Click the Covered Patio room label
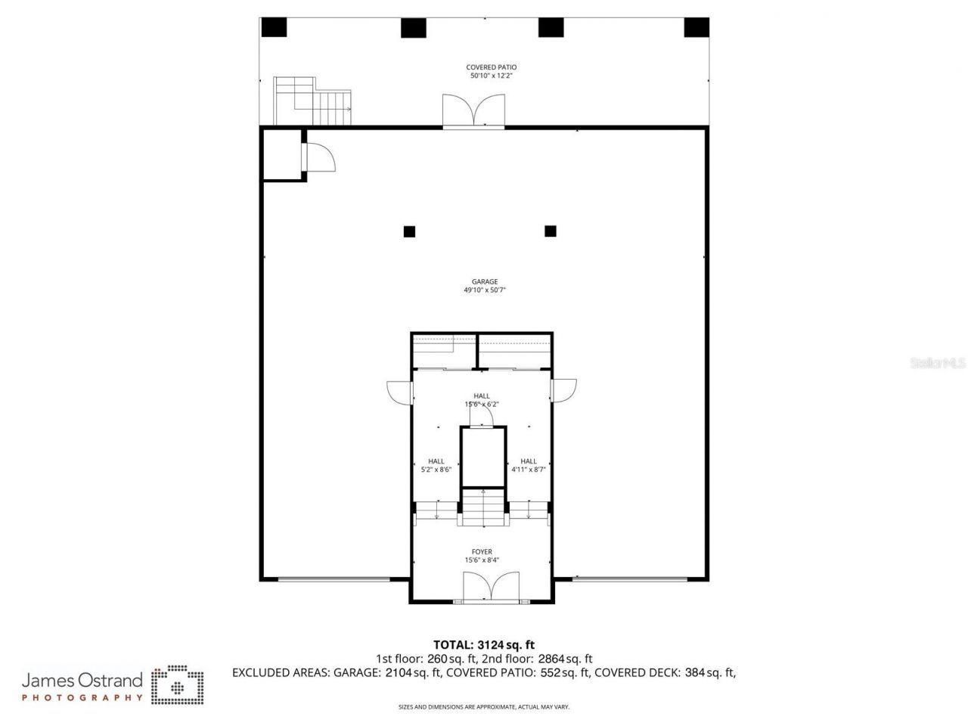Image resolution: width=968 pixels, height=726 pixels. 491,67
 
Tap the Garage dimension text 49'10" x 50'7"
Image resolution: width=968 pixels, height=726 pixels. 485,290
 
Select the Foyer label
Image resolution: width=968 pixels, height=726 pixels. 482,552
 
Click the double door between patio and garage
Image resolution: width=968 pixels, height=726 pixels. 473,111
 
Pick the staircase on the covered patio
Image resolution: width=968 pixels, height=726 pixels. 312,103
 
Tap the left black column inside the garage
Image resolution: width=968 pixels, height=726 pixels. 409,231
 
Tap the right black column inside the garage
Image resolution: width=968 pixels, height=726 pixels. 551,231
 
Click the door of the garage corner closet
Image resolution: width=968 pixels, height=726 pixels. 319,158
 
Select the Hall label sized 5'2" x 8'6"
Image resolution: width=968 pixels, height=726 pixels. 436,461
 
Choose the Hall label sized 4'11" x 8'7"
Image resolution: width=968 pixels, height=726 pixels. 529,461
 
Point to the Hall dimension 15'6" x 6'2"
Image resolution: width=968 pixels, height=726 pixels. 482,404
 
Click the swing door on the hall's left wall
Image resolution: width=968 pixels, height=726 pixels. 398,391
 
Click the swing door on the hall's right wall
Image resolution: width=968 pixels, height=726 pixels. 565,389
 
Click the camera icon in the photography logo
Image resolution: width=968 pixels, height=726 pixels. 177,684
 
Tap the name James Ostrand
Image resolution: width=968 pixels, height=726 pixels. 82,680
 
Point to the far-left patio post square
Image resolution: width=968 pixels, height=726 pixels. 275,27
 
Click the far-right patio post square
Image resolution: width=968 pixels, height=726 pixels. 696,27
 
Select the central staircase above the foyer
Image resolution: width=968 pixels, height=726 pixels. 483,507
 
